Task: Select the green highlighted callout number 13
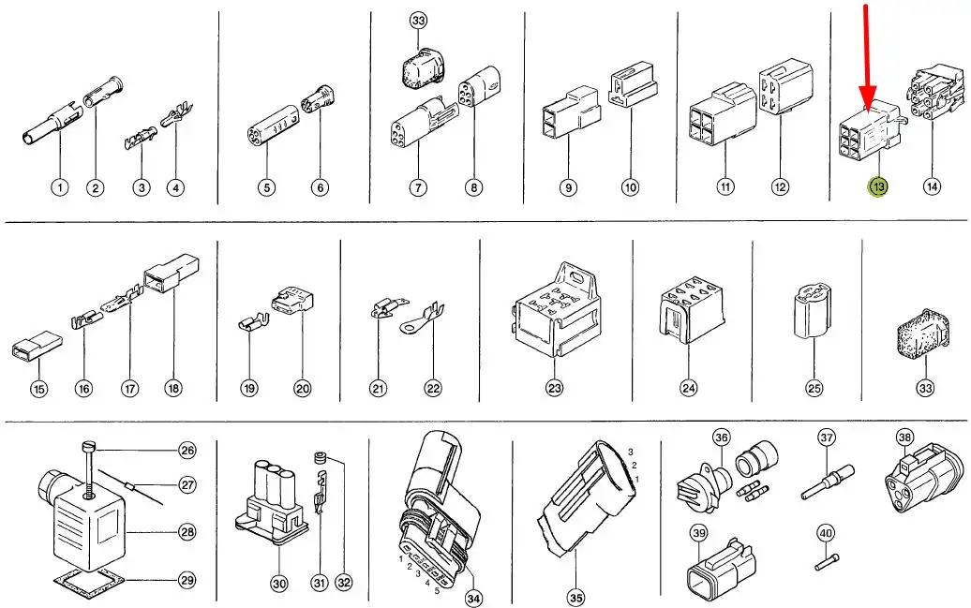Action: pyautogui.click(x=879, y=187)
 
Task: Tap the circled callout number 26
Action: pyautogui.click(x=187, y=452)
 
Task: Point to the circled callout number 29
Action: pyautogui.click(x=187, y=581)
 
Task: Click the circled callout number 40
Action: pyautogui.click(x=825, y=534)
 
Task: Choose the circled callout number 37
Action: pyautogui.click(x=826, y=437)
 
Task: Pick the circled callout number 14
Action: pyautogui.click(x=932, y=187)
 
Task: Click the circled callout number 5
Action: pyautogui.click(x=267, y=188)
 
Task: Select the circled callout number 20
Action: pyautogui.click(x=302, y=387)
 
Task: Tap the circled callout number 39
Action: pyautogui.click(x=697, y=533)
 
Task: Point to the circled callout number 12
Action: pyautogui.click(x=780, y=187)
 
